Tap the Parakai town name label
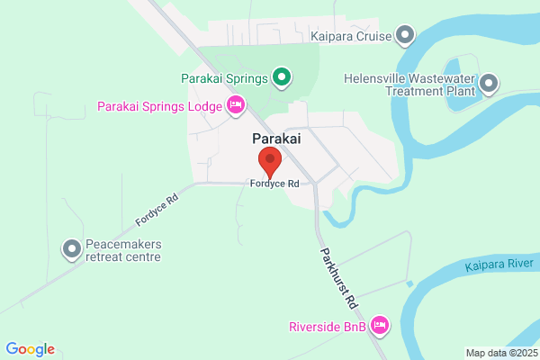click(274, 139)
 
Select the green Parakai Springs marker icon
click(282, 78)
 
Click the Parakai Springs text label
click(225, 79)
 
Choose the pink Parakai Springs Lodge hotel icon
click(236, 106)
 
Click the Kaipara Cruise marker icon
click(406, 35)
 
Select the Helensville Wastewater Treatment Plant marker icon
click(489, 85)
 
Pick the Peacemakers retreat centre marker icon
click(71, 249)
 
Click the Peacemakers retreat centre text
click(122, 250)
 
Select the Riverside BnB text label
click(327, 327)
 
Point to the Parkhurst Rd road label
click(338, 274)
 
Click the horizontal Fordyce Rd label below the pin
click(274, 184)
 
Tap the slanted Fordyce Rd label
click(157, 208)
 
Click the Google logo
click(30, 349)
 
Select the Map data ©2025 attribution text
click(501, 353)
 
